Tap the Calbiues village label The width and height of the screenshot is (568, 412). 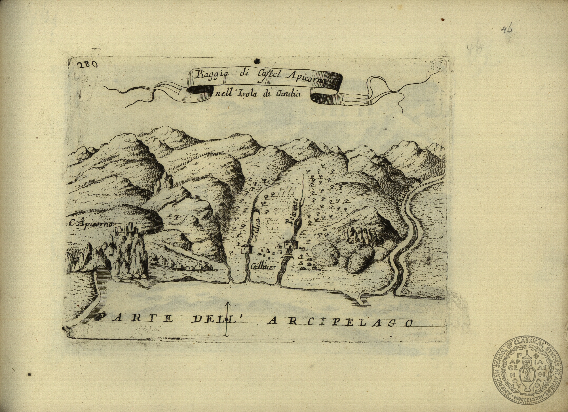[263, 267]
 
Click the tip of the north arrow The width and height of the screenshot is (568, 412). [227, 303]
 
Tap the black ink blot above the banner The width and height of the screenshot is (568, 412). [257, 60]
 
